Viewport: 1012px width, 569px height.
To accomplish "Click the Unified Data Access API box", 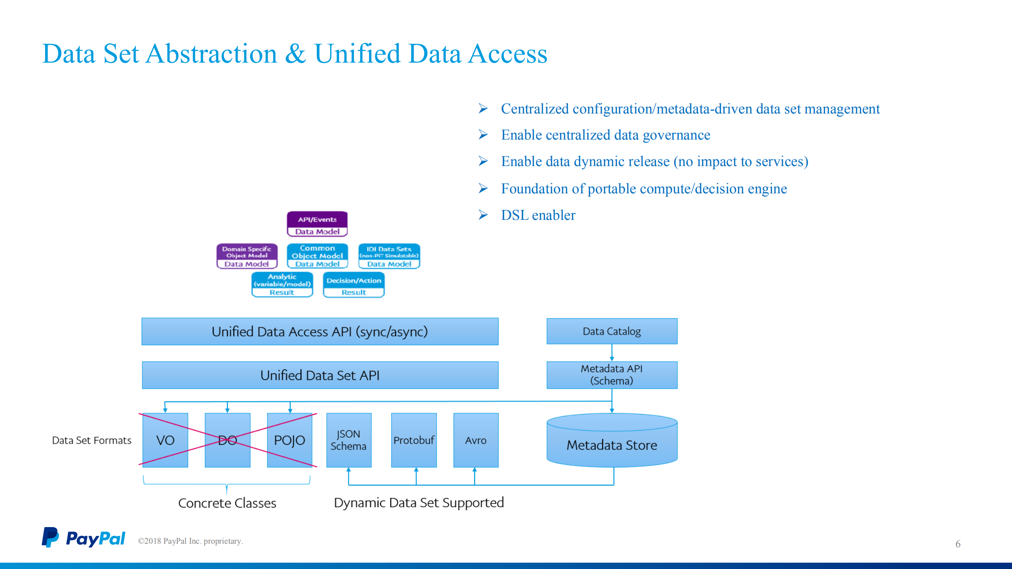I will tap(320, 331).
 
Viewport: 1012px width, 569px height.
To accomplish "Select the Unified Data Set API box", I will tap(320, 375).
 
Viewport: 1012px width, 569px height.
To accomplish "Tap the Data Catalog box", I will tap(611, 331).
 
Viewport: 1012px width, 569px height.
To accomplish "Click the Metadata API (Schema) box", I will tap(611, 375).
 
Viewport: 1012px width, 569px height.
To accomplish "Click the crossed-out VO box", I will tap(165, 440).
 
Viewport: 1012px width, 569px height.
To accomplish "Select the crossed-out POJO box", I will tap(289, 440).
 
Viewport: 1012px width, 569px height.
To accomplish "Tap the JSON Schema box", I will tap(348, 440).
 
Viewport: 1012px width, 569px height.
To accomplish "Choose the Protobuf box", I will tap(414, 440).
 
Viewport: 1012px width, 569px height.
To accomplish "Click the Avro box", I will tap(475, 440).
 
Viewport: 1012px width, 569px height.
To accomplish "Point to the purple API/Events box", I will tap(317, 224).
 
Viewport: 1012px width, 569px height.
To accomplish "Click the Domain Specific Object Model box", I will tap(247, 256).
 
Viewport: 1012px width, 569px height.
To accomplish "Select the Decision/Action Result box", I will tap(354, 285).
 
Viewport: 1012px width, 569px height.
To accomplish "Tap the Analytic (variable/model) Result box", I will tap(282, 285).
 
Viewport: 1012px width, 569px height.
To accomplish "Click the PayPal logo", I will tap(83, 538).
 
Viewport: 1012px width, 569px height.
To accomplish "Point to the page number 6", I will tap(958, 544).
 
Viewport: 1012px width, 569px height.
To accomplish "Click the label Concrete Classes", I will tap(227, 503).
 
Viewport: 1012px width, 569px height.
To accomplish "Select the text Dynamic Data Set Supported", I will tap(419, 503).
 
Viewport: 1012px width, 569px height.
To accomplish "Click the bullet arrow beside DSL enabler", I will tap(483, 215).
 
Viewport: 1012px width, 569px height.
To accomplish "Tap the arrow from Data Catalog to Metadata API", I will tap(612, 353).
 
